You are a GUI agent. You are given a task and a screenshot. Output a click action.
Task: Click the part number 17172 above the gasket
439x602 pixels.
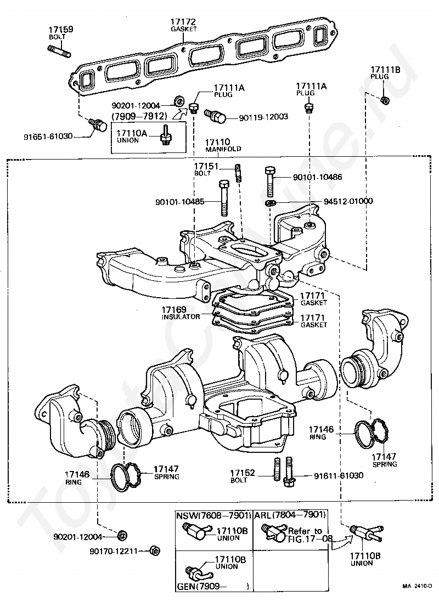183,22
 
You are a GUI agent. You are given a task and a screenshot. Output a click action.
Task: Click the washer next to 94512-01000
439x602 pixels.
270,204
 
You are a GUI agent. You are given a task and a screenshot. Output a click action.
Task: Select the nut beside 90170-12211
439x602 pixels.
155,550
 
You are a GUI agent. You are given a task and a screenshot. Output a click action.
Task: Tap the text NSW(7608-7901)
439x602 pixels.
213,515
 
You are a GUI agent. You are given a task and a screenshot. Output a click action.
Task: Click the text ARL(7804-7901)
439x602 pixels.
290,515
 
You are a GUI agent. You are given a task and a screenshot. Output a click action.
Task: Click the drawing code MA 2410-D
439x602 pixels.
419,586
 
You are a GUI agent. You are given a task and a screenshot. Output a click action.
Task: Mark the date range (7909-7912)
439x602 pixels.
138,117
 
